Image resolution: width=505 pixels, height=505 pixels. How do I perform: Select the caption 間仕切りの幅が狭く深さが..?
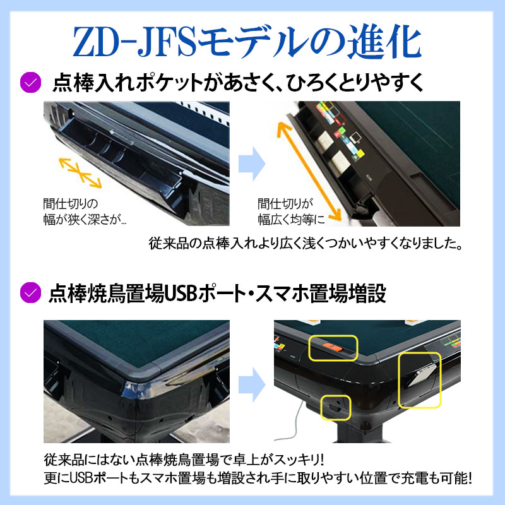[x=83, y=211]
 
